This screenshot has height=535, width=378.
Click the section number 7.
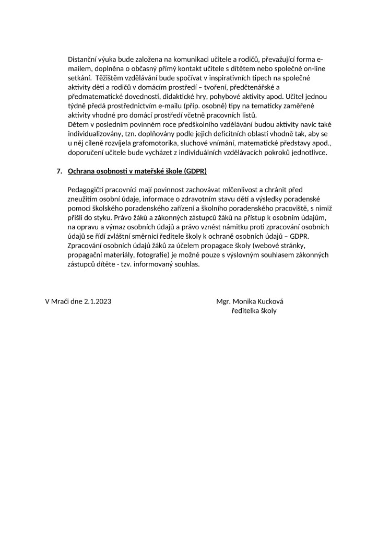coord(59,171)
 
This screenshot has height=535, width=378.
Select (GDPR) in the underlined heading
coord(196,171)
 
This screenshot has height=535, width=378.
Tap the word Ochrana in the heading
coord(81,171)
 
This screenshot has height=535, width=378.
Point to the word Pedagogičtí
coord(88,190)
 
